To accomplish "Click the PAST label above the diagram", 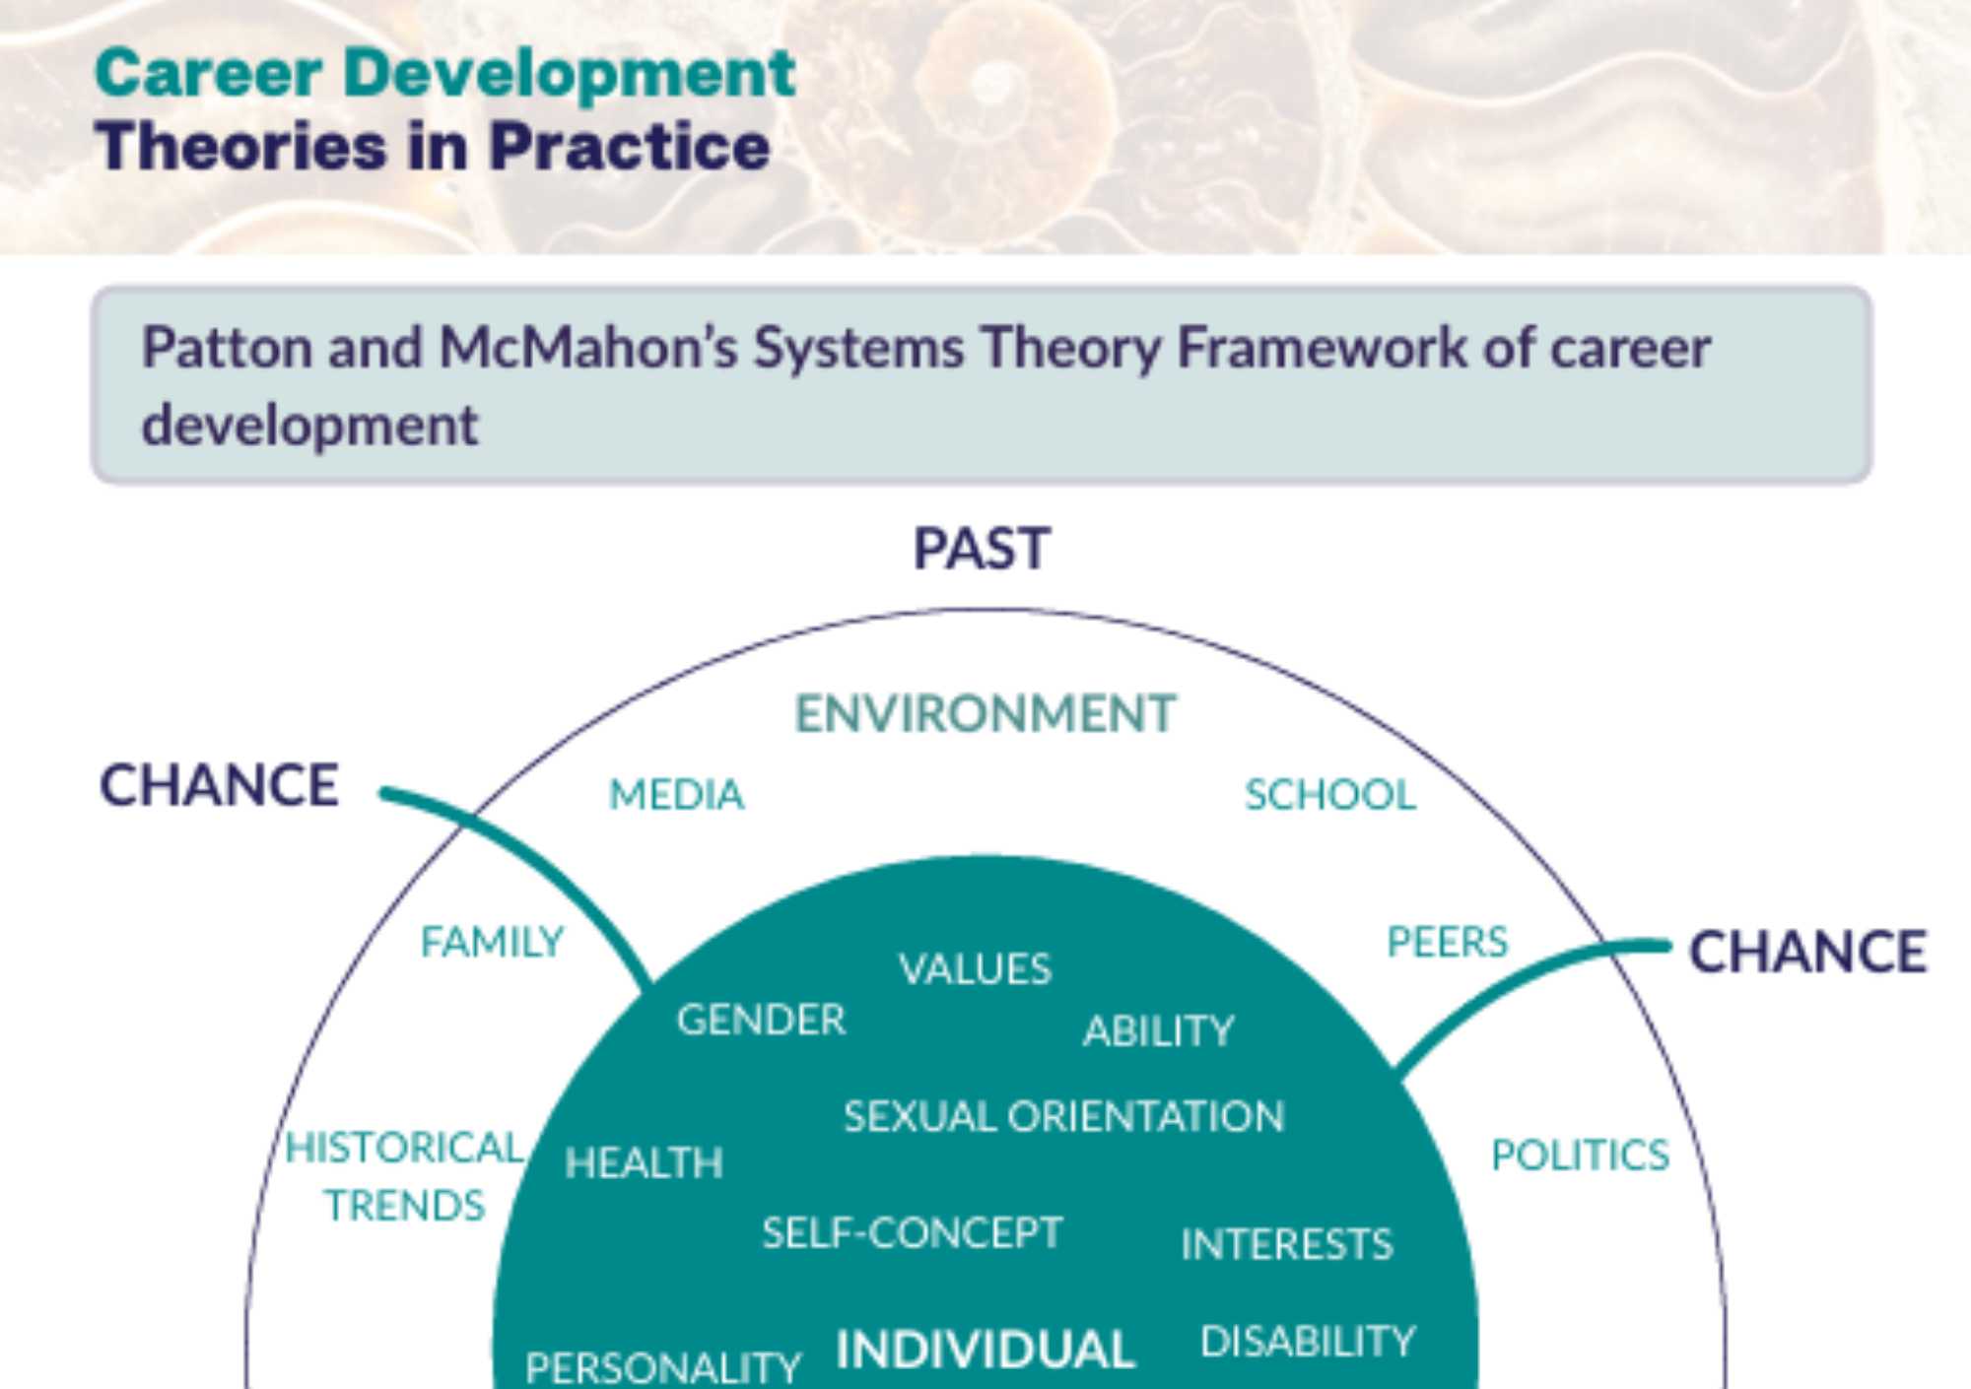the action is click(982, 549).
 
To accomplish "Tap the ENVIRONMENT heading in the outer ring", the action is click(985, 713).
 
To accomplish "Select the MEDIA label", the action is click(676, 795).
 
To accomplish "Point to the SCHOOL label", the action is click(1330, 795).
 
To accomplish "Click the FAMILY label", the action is click(492, 942).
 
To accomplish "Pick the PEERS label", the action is click(1447, 942).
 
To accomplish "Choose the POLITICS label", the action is click(1580, 1156).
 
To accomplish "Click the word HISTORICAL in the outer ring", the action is click(404, 1148).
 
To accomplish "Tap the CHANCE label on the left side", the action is click(219, 786).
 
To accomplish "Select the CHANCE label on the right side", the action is click(1808, 953).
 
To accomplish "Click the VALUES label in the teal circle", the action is click(975, 969).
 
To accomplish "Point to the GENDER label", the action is click(761, 1020).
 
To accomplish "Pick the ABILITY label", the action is click(1158, 1031).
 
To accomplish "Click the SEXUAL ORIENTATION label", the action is click(1063, 1117).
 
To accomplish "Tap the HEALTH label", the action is click(644, 1163).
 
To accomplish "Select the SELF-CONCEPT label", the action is click(912, 1233).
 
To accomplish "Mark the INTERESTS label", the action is click(1286, 1245).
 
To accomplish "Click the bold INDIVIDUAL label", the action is click(985, 1350).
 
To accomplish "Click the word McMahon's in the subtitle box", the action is click(587, 349).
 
